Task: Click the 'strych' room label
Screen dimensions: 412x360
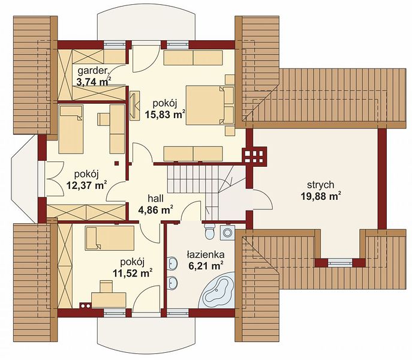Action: (x=321, y=185)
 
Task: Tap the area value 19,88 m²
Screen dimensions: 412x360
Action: (x=321, y=196)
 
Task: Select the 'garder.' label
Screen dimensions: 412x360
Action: (x=94, y=71)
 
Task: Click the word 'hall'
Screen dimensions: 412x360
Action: (x=155, y=198)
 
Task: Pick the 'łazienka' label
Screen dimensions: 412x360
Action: (x=206, y=254)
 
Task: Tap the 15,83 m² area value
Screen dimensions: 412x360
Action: (x=165, y=115)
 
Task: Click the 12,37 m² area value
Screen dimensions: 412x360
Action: (x=86, y=185)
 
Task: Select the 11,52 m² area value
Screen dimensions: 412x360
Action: (x=133, y=273)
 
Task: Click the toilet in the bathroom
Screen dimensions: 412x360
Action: (x=209, y=230)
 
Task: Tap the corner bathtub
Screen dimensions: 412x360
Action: (x=216, y=291)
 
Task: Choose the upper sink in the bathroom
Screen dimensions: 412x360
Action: (x=172, y=263)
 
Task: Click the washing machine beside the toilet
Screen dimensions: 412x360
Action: (x=227, y=232)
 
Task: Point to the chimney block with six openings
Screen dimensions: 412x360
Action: (x=254, y=155)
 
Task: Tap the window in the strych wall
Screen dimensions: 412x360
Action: (x=340, y=262)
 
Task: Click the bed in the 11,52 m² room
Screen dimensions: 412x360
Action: (x=110, y=238)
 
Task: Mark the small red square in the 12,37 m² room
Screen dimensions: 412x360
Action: (x=117, y=163)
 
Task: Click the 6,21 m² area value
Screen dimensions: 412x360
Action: (x=206, y=266)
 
